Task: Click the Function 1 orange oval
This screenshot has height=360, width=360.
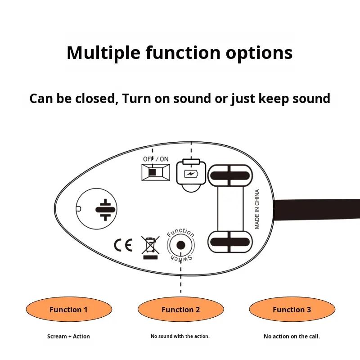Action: (x=68, y=310)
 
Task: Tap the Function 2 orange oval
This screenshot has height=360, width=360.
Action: (x=180, y=310)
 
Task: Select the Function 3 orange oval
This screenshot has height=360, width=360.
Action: (x=292, y=310)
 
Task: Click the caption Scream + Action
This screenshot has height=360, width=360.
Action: (x=68, y=337)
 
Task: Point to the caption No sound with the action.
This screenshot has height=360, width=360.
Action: (x=180, y=337)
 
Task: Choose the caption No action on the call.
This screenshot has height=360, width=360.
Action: (x=292, y=337)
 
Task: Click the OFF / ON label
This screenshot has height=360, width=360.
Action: (x=156, y=159)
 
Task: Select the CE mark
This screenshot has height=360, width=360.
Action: (x=123, y=245)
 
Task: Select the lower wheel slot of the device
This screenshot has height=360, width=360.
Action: (x=230, y=242)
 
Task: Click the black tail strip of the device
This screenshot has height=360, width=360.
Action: (x=317, y=210)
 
